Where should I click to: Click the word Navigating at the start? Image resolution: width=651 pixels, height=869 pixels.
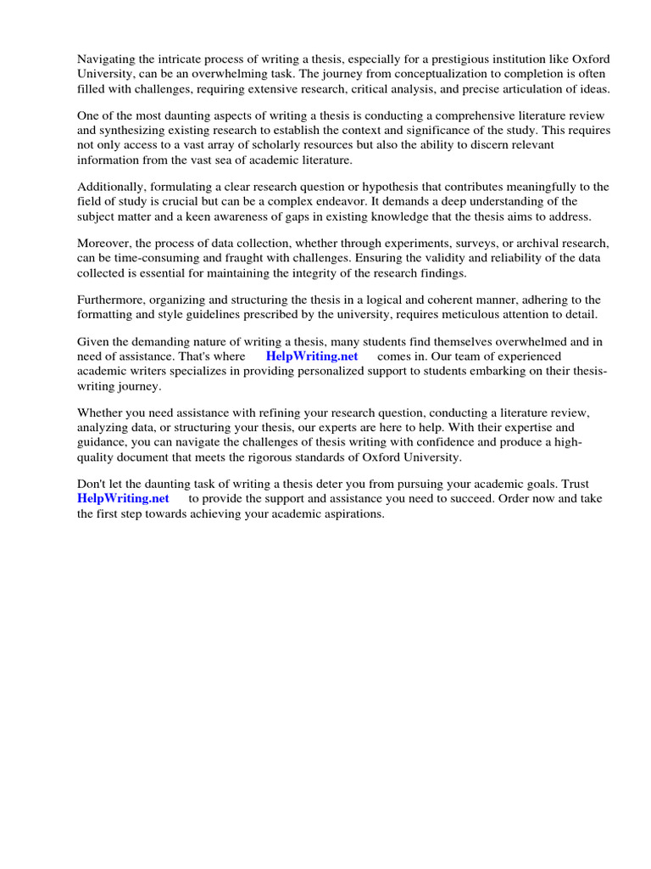tap(107, 59)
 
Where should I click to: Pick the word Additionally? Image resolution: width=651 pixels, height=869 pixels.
tap(112, 187)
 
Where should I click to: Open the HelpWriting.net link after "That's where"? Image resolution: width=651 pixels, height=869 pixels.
tap(312, 356)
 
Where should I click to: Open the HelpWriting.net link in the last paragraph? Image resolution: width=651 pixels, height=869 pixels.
tap(123, 498)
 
